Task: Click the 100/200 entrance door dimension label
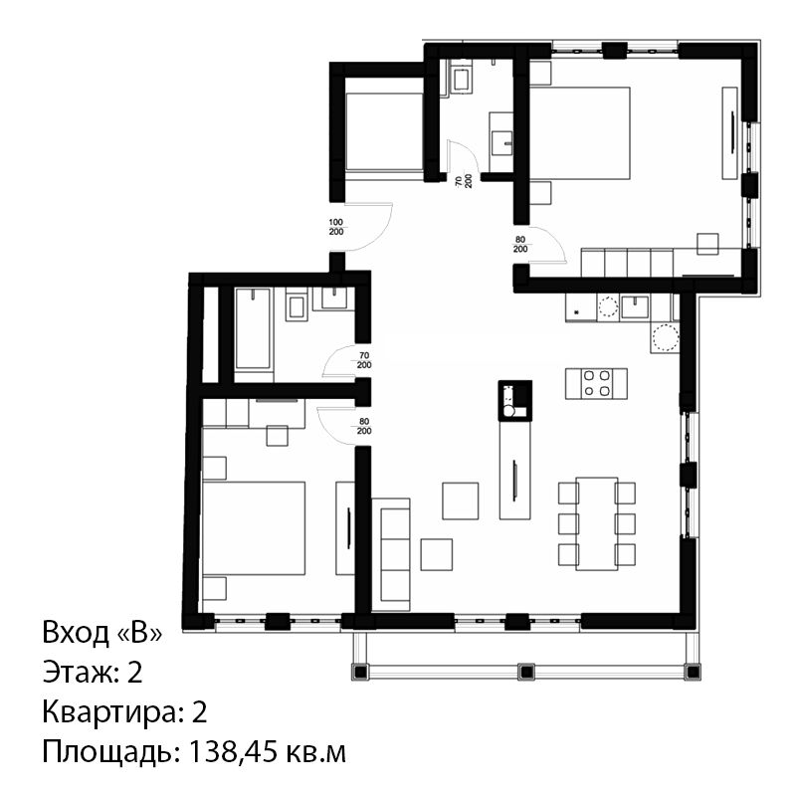coord(336,227)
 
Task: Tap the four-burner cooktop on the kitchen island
coord(596,383)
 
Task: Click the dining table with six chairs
coord(596,523)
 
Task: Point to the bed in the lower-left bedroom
coord(254,528)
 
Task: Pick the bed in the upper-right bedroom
coord(580,133)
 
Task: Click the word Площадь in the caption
coord(110,752)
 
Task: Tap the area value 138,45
coord(234,752)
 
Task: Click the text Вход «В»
coord(102,633)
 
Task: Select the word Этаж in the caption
coord(82,673)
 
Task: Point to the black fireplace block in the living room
coord(515,400)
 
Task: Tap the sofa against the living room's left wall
coord(390,554)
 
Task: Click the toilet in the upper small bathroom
coord(461,79)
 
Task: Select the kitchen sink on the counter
coord(635,306)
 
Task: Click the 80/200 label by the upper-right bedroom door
coord(520,244)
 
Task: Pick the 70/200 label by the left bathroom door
coord(364,360)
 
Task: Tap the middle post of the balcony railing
coord(526,672)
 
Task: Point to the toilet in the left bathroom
coord(297,305)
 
